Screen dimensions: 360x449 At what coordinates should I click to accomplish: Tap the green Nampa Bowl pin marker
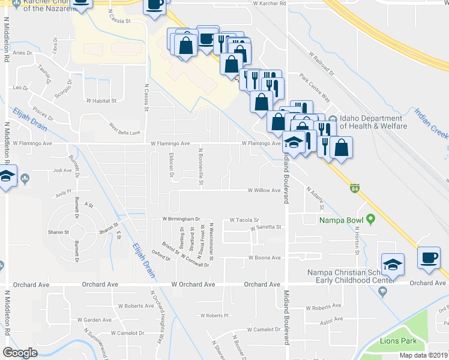tap(371, 220)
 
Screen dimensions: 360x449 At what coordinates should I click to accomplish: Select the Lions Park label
tap(397, 341)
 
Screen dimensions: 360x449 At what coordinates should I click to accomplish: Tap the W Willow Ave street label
tap(265, 190)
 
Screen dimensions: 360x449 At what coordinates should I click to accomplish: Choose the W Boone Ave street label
tap(265, 258)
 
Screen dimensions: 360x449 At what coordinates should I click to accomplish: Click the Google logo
tap(20, 353)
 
